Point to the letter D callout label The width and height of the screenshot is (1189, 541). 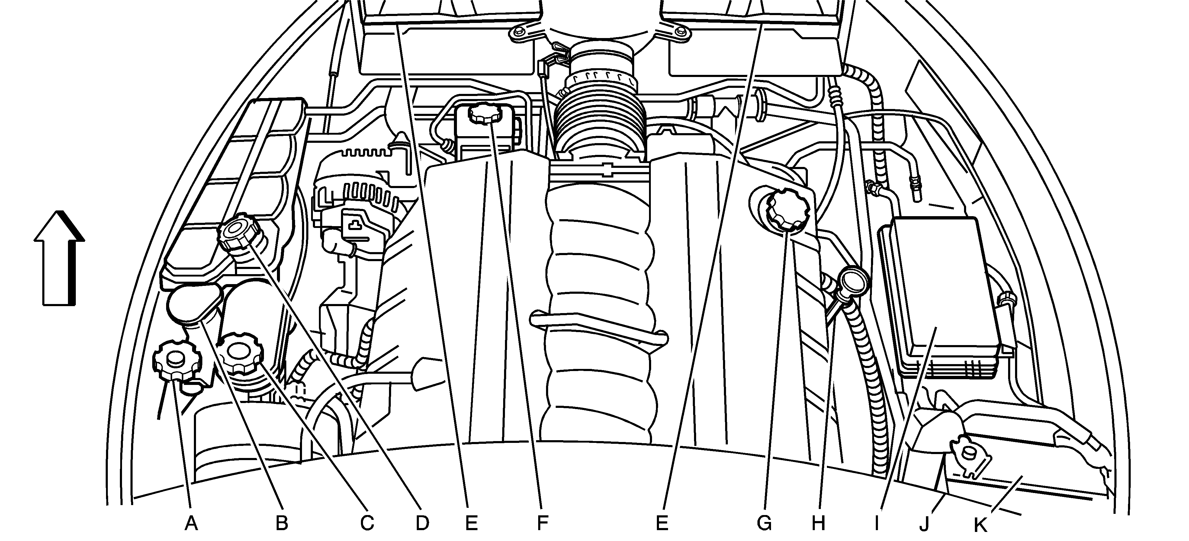pyautogui.click(x=422, y=523)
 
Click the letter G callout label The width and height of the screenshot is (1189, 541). pyautogui.click(x=764, y=523)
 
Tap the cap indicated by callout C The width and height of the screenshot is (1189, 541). pyautogui.click(x=240, y=353)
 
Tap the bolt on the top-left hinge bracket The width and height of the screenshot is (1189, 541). pyautogui.click(x=519, y=31)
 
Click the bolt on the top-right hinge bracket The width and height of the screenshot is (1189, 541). pyautogui.click(x=680, y=31)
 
